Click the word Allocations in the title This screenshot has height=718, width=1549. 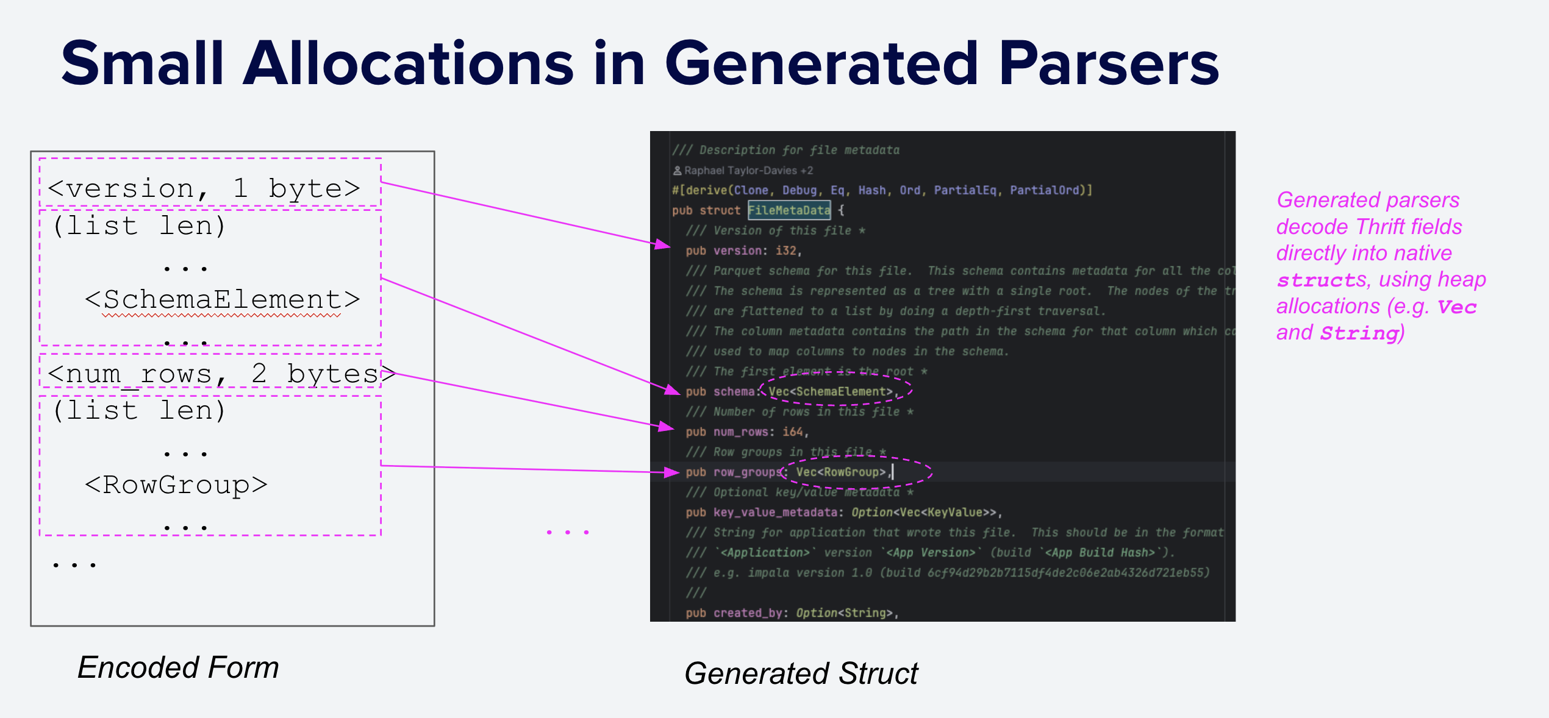point(408,64)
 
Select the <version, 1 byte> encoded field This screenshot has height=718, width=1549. point(204,188)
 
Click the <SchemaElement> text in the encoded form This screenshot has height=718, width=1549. point(222,299)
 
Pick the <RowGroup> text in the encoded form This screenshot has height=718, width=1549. point(176,485)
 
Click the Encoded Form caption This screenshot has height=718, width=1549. point(178,667)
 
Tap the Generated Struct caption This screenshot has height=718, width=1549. point(801,674)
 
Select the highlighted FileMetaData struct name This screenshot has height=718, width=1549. point(789,210)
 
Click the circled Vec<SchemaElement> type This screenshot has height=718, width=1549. point(831,391)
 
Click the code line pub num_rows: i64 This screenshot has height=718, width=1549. point(747,432)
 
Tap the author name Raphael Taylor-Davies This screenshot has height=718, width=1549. point(740,171)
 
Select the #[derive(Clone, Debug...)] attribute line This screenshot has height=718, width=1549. point(882,190)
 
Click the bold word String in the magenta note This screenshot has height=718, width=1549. point(1359,333)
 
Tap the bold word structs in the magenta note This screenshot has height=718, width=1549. point(1322,280)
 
